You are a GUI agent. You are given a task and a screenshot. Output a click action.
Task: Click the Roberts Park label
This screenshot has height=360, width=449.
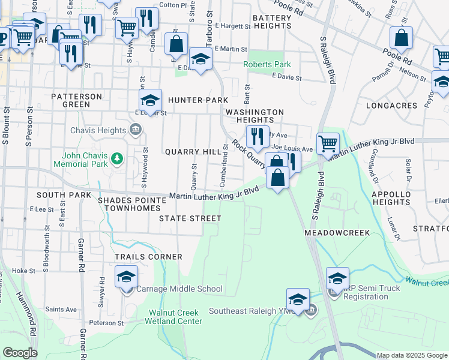[266, 65]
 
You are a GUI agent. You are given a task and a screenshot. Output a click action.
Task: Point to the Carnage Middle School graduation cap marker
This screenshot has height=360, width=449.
[127, 278]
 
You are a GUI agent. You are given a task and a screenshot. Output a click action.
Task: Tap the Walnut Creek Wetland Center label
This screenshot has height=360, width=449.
[175, 317]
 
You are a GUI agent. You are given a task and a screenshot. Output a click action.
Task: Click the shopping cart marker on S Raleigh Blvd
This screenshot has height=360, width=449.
[328, 144]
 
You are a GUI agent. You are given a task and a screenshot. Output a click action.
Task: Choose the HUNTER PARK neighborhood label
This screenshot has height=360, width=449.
[198, 100]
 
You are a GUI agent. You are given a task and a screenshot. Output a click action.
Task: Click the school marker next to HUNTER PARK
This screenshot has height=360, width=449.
[151, 100]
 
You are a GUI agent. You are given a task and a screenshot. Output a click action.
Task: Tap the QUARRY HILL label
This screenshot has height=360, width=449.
[193, 152]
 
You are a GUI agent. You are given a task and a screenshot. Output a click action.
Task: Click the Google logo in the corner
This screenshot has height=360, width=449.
[20, 353]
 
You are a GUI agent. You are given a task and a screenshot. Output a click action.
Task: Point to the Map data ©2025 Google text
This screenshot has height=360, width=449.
[411, 355]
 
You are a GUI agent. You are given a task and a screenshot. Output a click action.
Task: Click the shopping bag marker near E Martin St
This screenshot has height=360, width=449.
[176, 44]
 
